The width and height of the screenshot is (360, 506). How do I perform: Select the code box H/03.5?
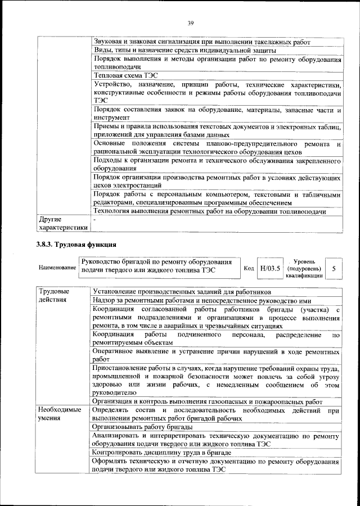pyautogui.click(x=268, y=269)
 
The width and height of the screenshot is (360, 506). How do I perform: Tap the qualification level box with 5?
pyautogui.click(x=334, y=269)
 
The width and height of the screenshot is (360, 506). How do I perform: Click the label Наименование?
pyautogui.click(x=57, y=268)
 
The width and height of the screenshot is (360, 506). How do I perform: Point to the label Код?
pyautogui.click(x=248, y=269)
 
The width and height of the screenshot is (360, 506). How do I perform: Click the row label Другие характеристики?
pyautogui.click(x=62, y=223)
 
